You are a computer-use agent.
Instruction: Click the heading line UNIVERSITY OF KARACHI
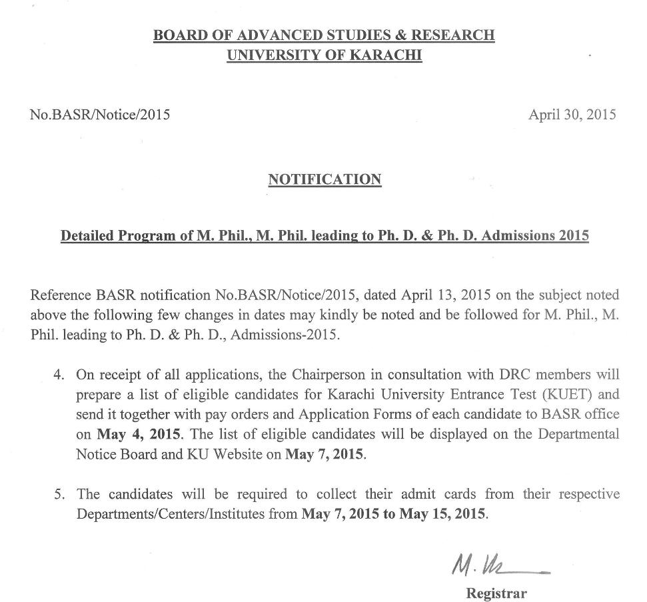pyautogui.click(x=324, y=55)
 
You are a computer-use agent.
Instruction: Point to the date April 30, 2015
pyautogui.click(x=572, y=115)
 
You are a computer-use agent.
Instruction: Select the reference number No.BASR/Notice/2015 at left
pyautogui.click(x=100, y=115)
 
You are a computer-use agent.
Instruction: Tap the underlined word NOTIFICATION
pyautogui.click(x=324, y=179)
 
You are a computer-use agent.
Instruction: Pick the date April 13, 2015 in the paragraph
pyautogui.click(x=441, y=295)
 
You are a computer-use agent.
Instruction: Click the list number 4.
pyautogui.click(x=59, y=375)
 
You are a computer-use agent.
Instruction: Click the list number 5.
pyautogui.click(x=59, y=495)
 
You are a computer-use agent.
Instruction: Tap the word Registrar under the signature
pyautogui.click(x=496, y=593)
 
